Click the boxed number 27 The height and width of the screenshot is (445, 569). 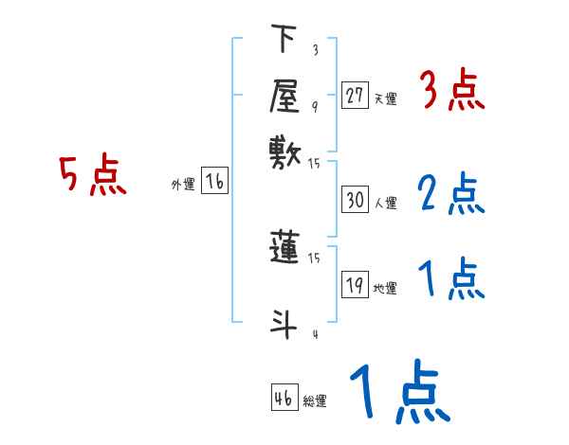pos(355,96)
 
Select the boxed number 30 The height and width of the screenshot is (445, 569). pos(355,201)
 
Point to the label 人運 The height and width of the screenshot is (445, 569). pos(385,203)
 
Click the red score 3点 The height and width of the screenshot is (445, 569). pos(451,91)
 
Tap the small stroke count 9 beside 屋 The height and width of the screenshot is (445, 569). pos(315,106)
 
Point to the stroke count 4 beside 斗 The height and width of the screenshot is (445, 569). pos(315,334)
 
